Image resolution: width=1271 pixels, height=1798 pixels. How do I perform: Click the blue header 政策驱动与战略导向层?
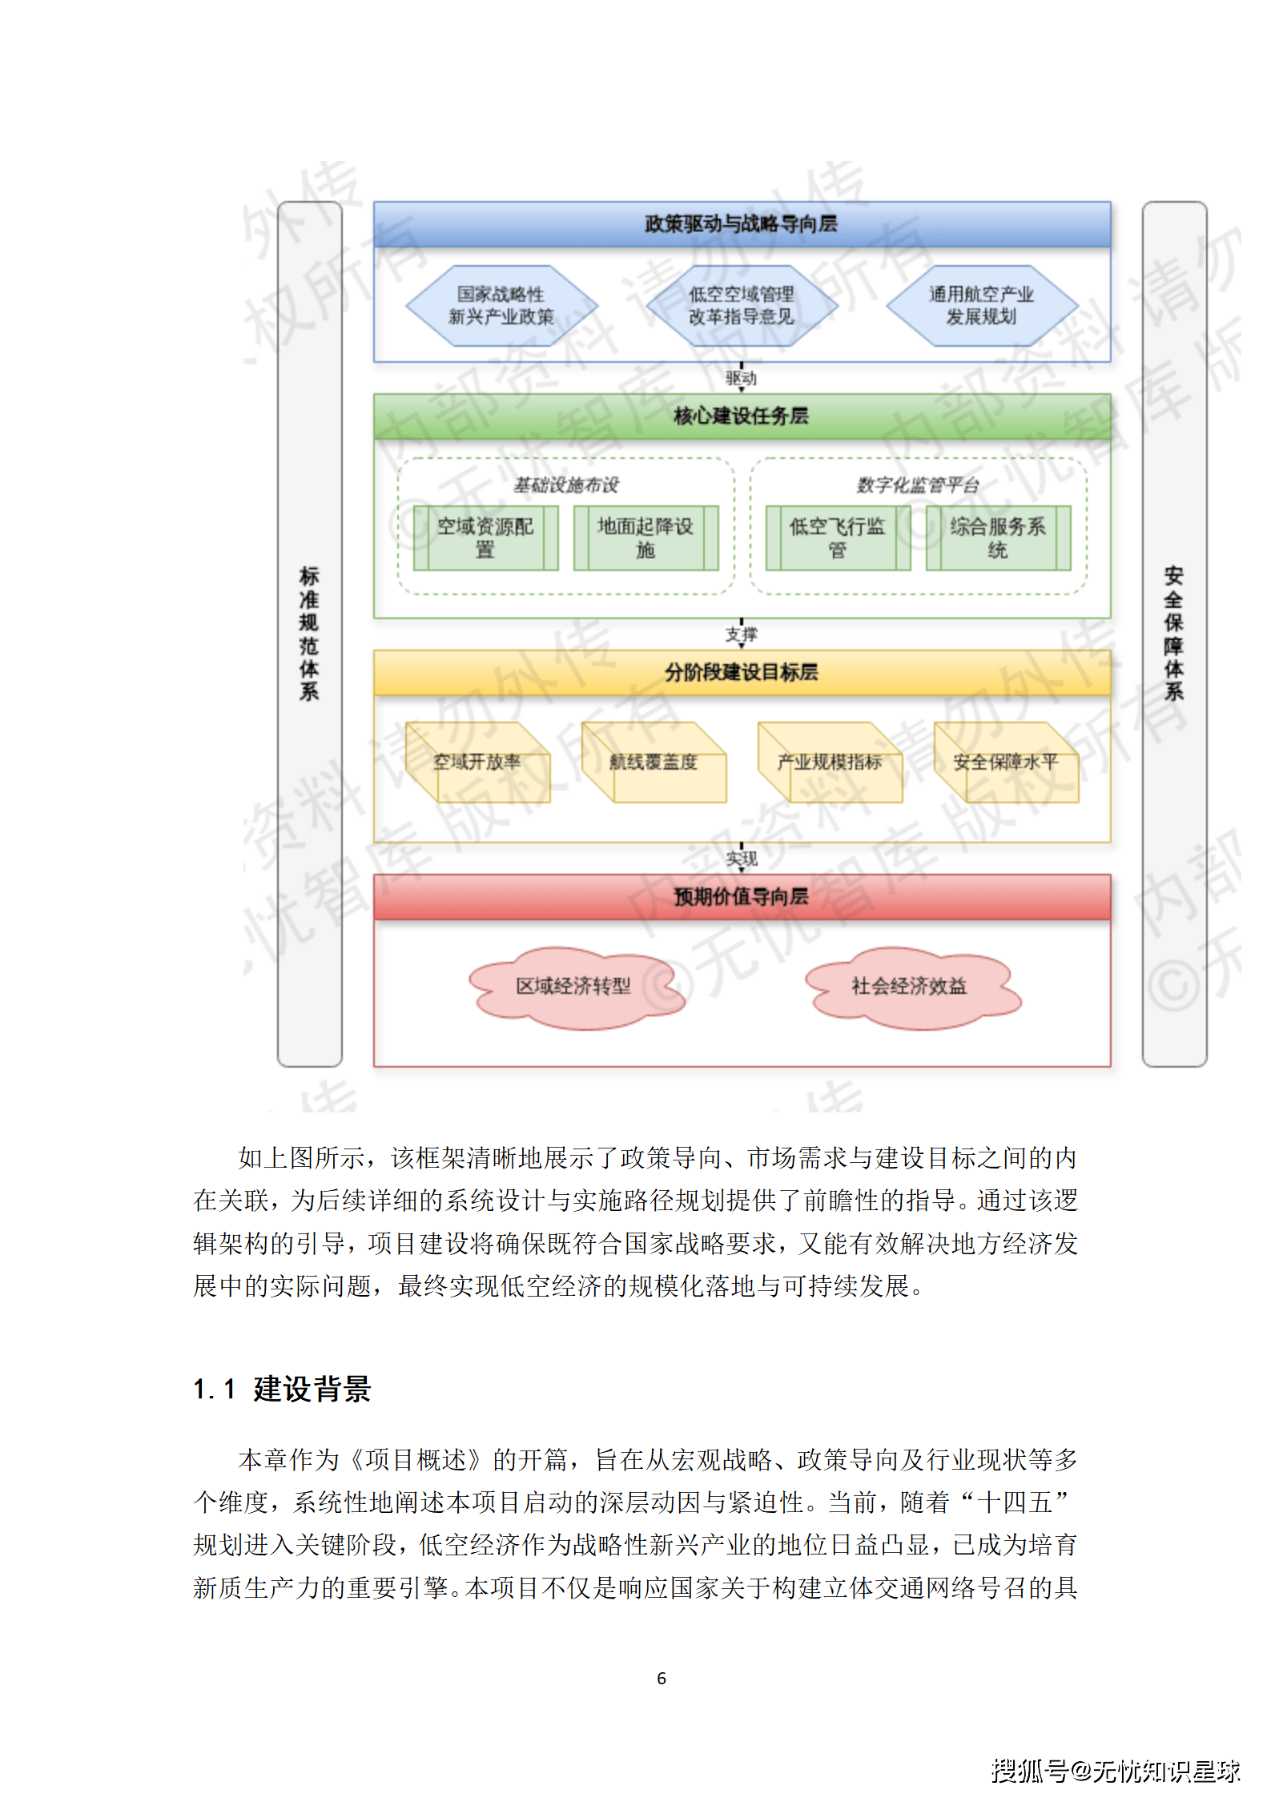(x=742, y=224)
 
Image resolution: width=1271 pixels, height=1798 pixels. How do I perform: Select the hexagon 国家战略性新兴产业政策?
(x=501, y=306)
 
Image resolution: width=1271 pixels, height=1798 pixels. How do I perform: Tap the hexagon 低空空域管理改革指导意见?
(x=742, y=306)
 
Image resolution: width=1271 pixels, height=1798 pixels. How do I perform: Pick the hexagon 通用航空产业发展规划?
(x=982, y=306)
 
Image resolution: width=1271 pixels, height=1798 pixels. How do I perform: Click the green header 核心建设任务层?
(x=742, y=416)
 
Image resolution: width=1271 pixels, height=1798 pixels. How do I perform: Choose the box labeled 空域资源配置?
(x=485, y=538)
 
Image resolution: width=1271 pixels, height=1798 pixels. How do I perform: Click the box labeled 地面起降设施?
(x=646, y=538)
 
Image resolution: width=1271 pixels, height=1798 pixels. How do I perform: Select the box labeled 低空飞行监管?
(x=838, y=538)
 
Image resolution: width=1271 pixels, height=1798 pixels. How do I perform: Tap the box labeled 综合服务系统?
(x=998, y=538)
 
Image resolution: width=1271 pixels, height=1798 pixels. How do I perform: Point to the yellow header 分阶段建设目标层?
(x=742, y=673)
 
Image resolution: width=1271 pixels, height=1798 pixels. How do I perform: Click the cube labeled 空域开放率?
(x=477, y=762)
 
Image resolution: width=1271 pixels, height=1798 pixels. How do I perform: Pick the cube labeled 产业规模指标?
(x=830, y=762)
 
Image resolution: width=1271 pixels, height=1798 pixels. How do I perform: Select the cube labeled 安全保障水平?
(x=1006, y=762)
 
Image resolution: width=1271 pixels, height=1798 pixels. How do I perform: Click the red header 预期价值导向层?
(x=742, y=897)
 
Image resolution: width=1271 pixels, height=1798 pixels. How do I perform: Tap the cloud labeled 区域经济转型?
(x=573, y=987)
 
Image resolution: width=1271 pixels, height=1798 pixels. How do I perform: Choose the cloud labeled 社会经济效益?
(x=910, y=987)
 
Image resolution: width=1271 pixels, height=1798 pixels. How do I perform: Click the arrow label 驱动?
(x=742, y=378)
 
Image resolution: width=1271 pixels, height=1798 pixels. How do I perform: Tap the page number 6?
(x=662, y=1678)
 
